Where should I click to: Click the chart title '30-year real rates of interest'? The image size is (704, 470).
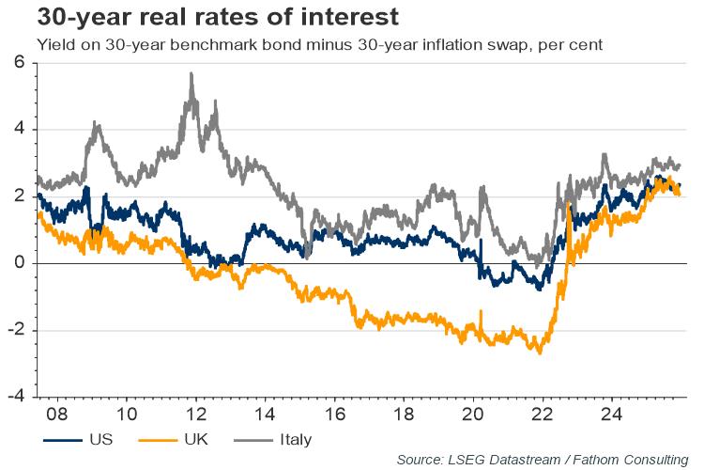pyautogui.click(x=204, y=17)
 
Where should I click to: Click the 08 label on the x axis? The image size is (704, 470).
pyautogui.click(x=58, y=414)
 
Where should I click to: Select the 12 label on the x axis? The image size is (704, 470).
pyautogui.click(x=195, y=414)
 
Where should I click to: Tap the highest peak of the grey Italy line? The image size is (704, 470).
pyautogui.click(x=191, y=72)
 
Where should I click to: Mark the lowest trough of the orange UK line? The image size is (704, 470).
pyautogui.click(x=540, y=353)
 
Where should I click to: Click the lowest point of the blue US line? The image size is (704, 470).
pyautogui.click(x=540, y=290)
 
